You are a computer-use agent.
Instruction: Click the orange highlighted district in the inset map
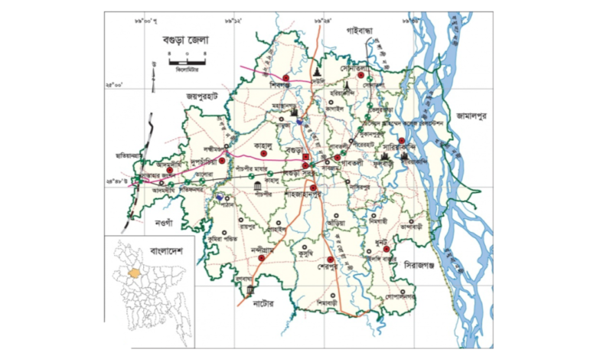pos(136,271)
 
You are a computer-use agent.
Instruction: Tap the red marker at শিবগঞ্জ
pos(285,77)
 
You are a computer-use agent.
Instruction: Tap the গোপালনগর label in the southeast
pos(400,295)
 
